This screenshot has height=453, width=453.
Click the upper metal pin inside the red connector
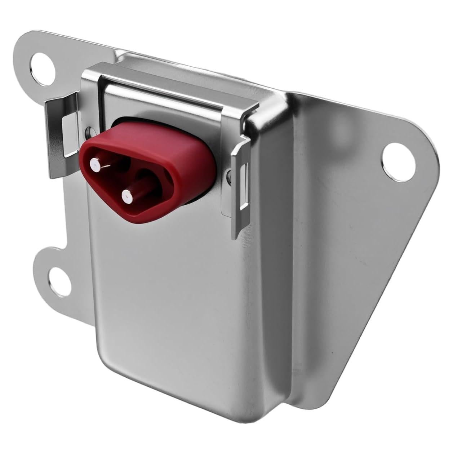[96, 164]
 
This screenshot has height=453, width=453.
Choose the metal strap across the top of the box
[169, 83]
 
